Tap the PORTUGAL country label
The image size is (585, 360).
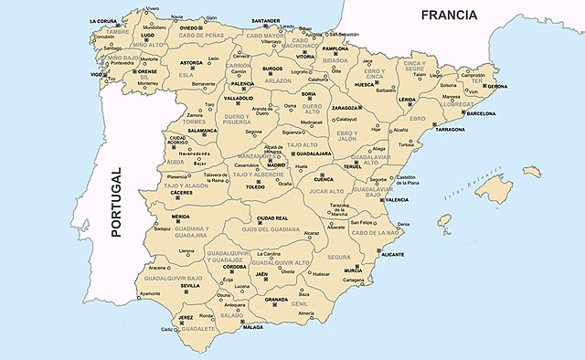click(x=116, y=204)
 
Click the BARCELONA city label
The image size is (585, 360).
click(x=486, y=114)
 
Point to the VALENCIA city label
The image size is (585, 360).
click(x=396, y=199)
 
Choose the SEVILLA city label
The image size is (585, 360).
click(x=190, y=285)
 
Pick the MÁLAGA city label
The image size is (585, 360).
click(x=253, y=326)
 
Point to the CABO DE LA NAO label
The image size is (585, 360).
click(x=374, y=233)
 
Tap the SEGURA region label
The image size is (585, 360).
click(x=339, y=257)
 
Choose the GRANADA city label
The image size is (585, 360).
click(x=277, y=299)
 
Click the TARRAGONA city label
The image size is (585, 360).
click(x=450, y=130)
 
